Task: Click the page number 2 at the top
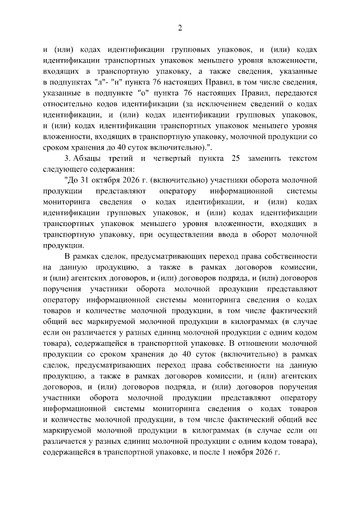(x=180, y=29)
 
